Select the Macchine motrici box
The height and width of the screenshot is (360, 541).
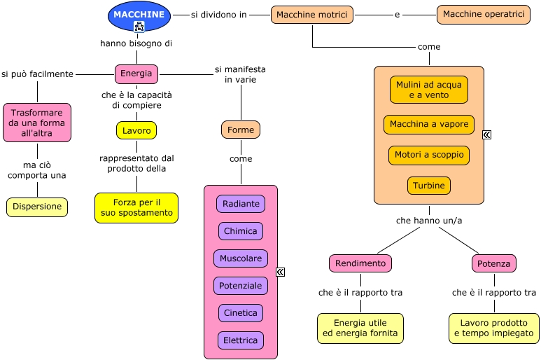click(x=312, y=15)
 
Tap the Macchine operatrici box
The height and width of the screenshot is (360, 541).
click(x=484, y=15)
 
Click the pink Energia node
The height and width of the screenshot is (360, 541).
click(x=136, y=74)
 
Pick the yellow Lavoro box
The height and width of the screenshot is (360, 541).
click(x=136, y=130)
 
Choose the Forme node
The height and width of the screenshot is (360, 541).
click(x=241, y=130)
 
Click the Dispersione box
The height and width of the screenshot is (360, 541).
click(x=37, y=207)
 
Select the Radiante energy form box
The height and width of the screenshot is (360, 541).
click(x=241, y=204)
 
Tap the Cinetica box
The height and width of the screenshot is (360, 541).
click(x=241, y=313)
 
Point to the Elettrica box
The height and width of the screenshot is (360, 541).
click(x=241, y=340)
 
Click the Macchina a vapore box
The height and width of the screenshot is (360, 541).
click(x=429, y=125)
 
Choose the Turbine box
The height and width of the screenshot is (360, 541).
click(x=429, y=186)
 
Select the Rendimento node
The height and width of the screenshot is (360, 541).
click(x=360, y=263)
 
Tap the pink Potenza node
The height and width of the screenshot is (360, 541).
click(x=494, y=263)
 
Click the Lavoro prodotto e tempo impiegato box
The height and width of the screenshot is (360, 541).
click(x=494, y=328)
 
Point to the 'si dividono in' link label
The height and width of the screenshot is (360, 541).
click(x=218, y=14)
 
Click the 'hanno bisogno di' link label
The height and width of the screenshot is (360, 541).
click(x=136, y=43)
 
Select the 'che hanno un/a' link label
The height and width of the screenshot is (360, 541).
click(x=429, y=220)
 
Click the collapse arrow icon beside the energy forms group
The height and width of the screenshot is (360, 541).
click(x=281, y=272)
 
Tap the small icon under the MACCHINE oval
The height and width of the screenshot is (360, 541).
click(x=139, y=27)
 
